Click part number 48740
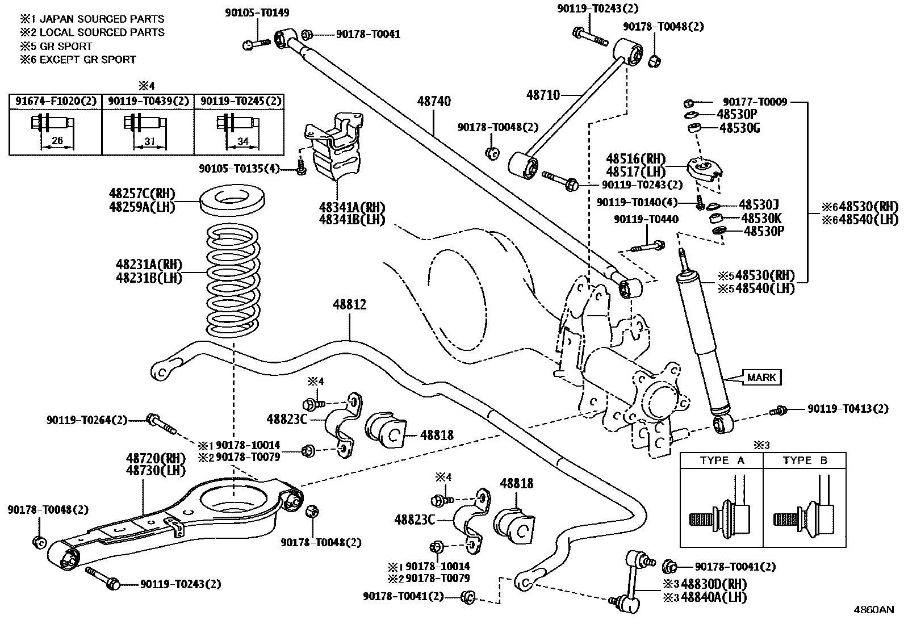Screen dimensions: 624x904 (434, 102)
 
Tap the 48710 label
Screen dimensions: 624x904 (543, 95)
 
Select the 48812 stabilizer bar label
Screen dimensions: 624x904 (349, 305)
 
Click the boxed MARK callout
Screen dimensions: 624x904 (761, 377)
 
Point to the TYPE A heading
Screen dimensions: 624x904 (722, 460)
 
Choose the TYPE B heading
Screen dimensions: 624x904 (805, 460)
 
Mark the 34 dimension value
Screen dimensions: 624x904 (243, 141)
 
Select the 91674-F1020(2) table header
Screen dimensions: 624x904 (56, 102)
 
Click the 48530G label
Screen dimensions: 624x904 (739, 128)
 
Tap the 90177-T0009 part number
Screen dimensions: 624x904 (755, 102)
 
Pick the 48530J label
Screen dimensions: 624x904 (758, 204)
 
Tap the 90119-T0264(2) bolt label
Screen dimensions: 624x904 (87, 421)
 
